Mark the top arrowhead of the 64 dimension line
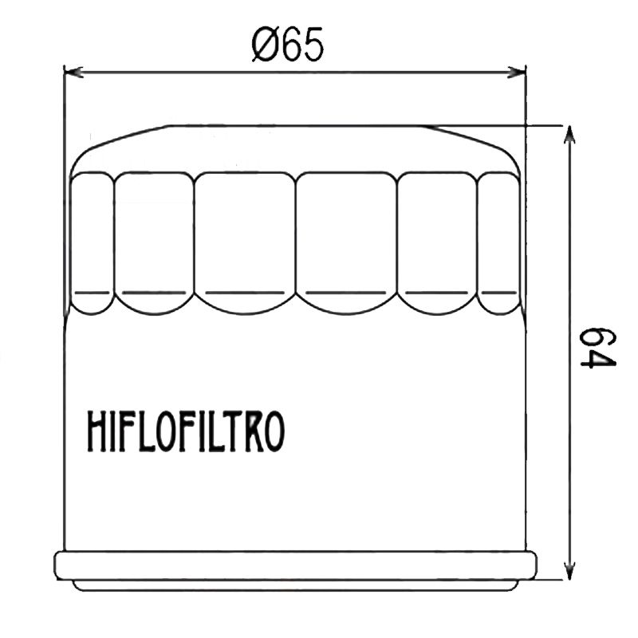click(568, 132)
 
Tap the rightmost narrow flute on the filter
click(499, 243)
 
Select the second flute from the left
click(155, 243)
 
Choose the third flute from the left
click(245, 243)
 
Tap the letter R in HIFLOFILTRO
click(250, 431)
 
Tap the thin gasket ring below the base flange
click(295, 585)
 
